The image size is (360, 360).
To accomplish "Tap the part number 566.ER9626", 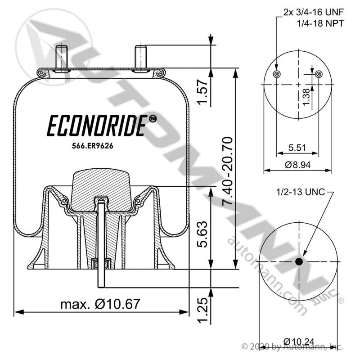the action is pyautogui.click(x=93, y=146).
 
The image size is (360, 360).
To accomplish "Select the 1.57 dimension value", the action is pyautogui.click(x=203, y=92).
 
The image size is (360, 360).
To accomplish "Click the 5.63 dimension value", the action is pyautogui.click(x=202, y=234).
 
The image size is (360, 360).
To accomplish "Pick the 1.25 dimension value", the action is pyautogui.click(x=203, y=310).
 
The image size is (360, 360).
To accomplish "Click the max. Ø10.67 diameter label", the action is pyautogui.click(x=100, y=304).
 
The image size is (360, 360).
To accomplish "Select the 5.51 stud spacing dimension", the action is pyautogui.click(x=297, y=148).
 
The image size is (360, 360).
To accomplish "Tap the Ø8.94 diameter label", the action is pyautogui.click(x=298, y=165).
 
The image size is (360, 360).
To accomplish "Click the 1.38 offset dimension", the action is pyautogui.click(x=306, y=97).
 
